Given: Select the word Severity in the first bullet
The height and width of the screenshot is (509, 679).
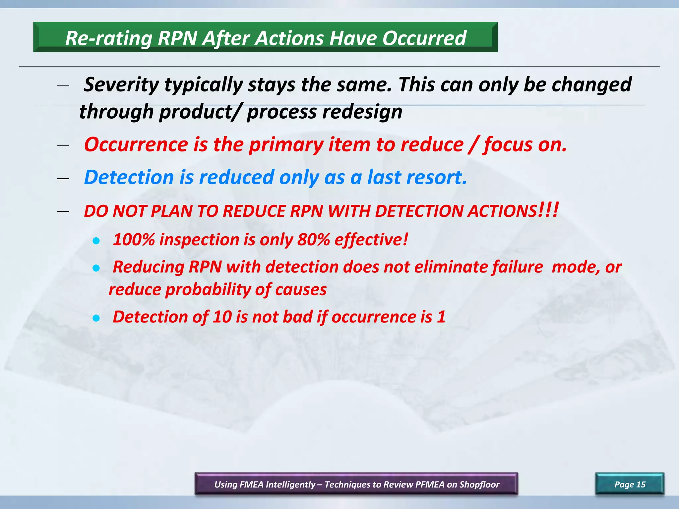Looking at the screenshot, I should pyautogui.click(x=121, y=85).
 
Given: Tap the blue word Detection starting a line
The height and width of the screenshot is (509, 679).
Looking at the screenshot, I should pyautogui.click(x=129, y=177).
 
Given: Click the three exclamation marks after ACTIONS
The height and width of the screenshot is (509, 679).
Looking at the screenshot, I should pyautogui.click(x=549, y=210).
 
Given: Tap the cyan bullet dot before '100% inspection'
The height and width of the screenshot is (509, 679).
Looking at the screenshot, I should pyautogui.click(x=96, y=241).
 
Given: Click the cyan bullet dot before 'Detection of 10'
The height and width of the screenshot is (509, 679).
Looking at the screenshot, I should pyautogui.click(x=96, y=318).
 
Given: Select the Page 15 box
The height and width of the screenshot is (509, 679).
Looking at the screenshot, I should pyautogui.click(x=630, y=484).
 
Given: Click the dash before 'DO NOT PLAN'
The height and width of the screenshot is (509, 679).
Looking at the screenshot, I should pyautogui.click(x=63, y=211).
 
